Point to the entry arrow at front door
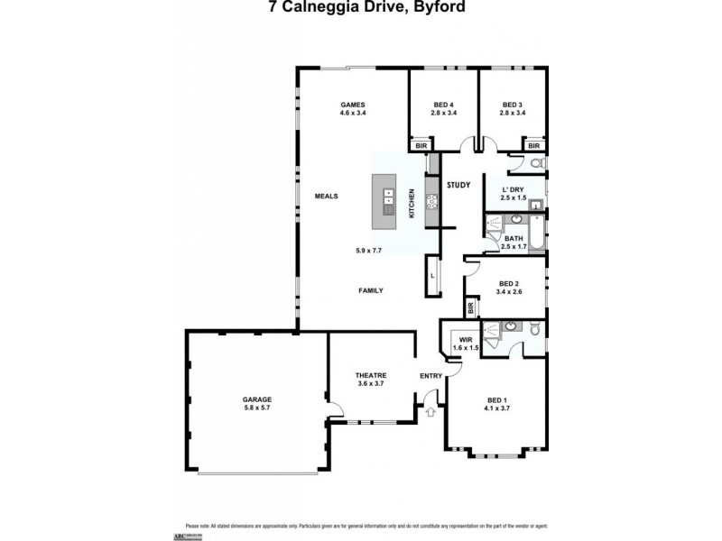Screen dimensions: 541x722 click(430, 412)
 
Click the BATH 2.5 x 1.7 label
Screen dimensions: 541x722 click(513, 242)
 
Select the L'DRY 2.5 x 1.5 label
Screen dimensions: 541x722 click(513, 193)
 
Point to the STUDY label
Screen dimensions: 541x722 click(458, 185)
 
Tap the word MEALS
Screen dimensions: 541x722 click(326, 196)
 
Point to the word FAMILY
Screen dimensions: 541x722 click(371, 290)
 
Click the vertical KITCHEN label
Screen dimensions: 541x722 click(412, 204)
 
